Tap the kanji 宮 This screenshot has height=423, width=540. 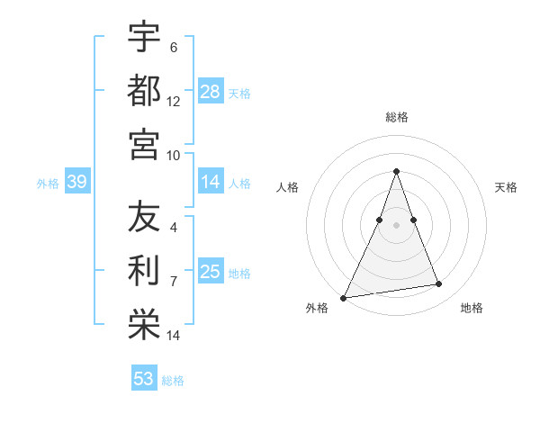[144, 144]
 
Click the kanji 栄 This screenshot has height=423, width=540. [144, 326]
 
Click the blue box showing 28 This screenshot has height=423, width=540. [211, 92]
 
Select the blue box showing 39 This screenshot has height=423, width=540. [76, 183]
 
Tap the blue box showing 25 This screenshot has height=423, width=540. [211, 273]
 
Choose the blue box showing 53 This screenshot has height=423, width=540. [144, 379]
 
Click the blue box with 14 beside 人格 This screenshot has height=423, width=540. [211, 183]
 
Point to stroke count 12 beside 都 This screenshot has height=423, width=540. [174, 102]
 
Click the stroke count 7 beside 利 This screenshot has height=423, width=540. [174, 282]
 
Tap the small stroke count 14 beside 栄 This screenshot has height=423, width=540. [174, 336]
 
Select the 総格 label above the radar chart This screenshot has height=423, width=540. [396, 117]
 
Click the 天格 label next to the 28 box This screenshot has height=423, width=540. [239, 93]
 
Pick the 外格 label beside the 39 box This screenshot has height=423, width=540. [48, 184]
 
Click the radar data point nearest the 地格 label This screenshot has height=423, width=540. [439, 284]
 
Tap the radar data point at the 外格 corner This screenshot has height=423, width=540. [344, 297]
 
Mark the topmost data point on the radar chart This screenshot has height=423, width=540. [396, 171]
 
